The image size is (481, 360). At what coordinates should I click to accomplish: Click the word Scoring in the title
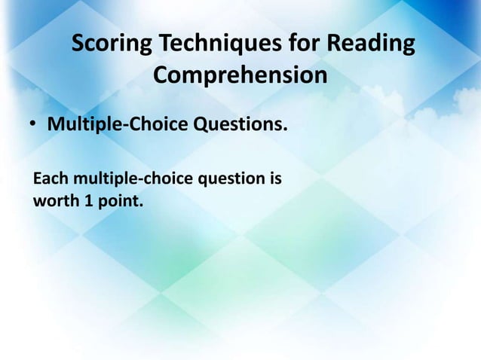(112, 45)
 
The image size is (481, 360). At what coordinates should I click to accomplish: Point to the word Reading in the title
(370, 45)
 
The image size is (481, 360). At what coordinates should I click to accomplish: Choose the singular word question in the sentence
(231, 182)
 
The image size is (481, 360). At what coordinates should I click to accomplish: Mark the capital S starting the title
(78, 45)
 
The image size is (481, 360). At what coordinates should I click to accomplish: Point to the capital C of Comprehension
(161, 77)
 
